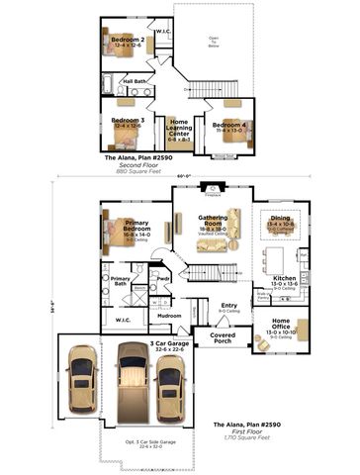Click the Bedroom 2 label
point(128,41)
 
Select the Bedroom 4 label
point(228,126)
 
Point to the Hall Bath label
point(135,81)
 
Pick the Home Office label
point(281,322)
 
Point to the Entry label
point(228,307)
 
